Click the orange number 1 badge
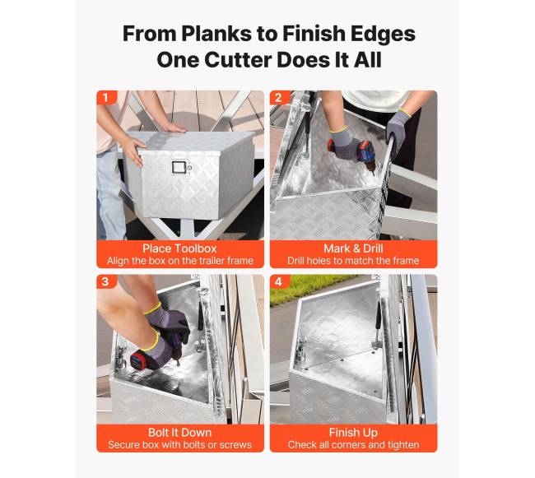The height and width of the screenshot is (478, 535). [x=106, y=98]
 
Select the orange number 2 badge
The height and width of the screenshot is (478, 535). [x=279, y=98]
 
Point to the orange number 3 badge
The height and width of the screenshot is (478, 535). [x=105, y=281]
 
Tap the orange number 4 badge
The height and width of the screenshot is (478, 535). [x=279, y=281]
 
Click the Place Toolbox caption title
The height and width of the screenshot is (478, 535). [x=179, y=248]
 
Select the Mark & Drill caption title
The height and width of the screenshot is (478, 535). [x=353, y=248]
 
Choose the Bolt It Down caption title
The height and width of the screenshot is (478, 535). [x=179, y=432]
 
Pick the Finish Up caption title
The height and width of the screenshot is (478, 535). [x=353, y=433]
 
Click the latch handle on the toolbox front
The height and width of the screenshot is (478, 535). [x=179, y=167]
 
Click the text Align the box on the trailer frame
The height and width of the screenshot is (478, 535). [x=180, y=261]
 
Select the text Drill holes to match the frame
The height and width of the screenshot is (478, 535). [x=353, y=261]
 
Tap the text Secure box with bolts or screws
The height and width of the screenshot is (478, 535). [x=179, y=444]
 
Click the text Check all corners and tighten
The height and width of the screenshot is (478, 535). [x=353, y=445]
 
